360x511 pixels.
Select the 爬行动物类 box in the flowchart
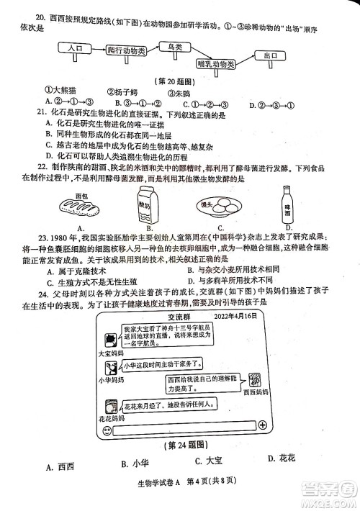click(x=132, y=53)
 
